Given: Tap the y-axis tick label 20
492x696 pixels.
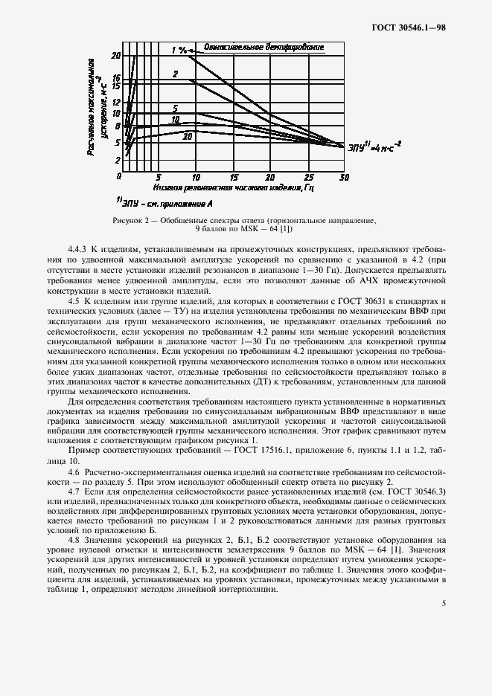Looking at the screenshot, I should (x=115, y=56).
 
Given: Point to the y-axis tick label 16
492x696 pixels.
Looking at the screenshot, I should (x=115, y=77).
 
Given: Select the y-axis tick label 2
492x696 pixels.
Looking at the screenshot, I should (x=117, y=161).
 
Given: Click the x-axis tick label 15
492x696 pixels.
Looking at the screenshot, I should (x=233, y=178).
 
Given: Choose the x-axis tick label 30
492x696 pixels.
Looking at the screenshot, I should (x=344, y=178).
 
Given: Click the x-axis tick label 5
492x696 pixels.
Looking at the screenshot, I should (x=158, y=178).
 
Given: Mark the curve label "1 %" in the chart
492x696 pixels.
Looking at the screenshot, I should (x=178, y=50).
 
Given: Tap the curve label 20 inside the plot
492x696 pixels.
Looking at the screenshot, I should (x=188, y=137).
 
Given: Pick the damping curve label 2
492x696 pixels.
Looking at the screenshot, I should (x=175, y=74).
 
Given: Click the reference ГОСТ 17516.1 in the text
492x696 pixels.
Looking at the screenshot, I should (x=255, y=451).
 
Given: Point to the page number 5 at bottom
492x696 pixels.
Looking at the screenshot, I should (x=444, y=602).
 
